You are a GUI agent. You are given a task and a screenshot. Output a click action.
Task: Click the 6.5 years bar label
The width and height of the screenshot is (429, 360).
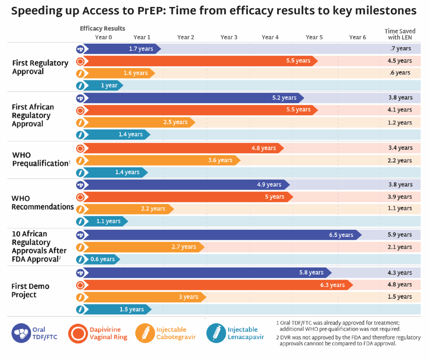341,235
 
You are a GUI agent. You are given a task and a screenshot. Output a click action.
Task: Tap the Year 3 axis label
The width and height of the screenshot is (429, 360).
229,37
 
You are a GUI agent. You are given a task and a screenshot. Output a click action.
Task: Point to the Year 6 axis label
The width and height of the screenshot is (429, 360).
357,37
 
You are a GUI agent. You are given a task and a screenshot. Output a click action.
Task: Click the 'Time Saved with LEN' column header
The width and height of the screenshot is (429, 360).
400,34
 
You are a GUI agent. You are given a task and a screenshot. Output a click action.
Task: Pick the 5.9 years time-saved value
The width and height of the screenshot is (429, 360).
400,235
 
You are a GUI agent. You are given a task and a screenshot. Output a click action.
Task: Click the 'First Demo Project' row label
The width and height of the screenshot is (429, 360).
30,291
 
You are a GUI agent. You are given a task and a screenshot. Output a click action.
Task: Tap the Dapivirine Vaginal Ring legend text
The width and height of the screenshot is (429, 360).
108,333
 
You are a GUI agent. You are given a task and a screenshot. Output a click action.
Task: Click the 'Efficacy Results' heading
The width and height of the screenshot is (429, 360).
103,28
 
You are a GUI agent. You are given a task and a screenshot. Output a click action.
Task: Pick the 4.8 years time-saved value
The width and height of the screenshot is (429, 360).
400,285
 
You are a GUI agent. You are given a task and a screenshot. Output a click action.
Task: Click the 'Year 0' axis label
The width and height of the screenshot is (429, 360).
103,37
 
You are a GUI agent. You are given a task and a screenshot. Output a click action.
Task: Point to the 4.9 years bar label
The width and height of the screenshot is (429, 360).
269,185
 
